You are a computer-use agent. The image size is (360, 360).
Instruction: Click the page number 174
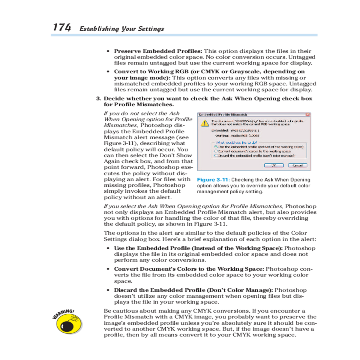point(62,28)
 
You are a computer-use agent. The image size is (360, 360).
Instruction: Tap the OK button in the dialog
point(274,165)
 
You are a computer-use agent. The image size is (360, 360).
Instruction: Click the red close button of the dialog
point(307,115)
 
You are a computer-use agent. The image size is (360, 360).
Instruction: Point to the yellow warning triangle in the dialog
point(205,123)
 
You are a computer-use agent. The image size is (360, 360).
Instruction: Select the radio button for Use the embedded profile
point(216,147)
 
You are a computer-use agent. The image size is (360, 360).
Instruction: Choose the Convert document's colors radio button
point(216,151)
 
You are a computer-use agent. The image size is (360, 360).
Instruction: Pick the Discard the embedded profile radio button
point(216,156)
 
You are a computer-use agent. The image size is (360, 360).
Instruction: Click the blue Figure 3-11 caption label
point(213,180)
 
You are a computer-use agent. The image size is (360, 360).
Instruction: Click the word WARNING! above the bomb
point(63,314)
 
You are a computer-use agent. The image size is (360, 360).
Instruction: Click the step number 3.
point(98,99)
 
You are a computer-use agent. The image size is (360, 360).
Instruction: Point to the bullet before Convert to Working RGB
point(108,72)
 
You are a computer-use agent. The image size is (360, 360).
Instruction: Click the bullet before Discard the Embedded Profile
point(108,290)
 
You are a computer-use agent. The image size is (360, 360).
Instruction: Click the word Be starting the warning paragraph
point(107,311)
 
